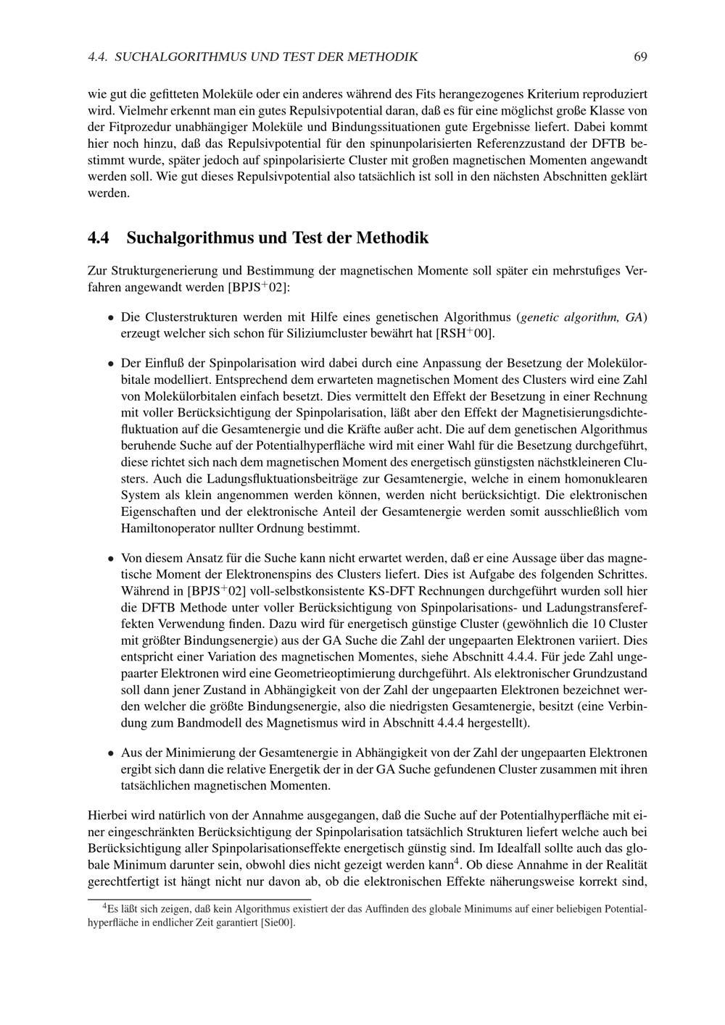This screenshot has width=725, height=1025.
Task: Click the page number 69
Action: pos(639,57)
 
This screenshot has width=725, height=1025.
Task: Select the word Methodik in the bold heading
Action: pos(395,238)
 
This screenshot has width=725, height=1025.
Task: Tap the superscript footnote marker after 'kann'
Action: pos(457,862)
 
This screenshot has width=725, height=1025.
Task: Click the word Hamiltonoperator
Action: pos(169,529)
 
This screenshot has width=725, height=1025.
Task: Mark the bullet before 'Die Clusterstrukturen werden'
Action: pos(111,318)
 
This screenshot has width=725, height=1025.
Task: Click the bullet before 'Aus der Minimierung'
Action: pos(111,753)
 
